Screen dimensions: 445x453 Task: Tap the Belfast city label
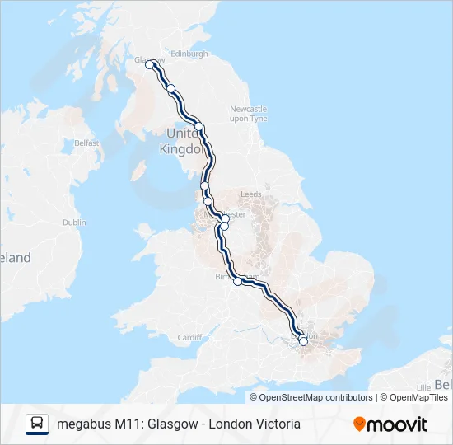point(86,143)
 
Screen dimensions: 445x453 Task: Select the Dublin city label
point(74,222)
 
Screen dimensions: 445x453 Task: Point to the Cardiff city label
point(189,337)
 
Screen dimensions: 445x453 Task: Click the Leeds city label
point(250,194)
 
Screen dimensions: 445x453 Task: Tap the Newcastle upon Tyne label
point(248,114)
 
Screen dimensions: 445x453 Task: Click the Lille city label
point(425,386)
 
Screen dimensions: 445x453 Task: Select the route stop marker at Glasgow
point(150,65)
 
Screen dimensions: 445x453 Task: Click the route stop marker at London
point(303,340)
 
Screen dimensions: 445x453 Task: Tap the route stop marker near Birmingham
point(238,281)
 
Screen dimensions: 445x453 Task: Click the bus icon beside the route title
point(37,424)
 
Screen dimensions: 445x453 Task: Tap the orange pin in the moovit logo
point(359,424)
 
